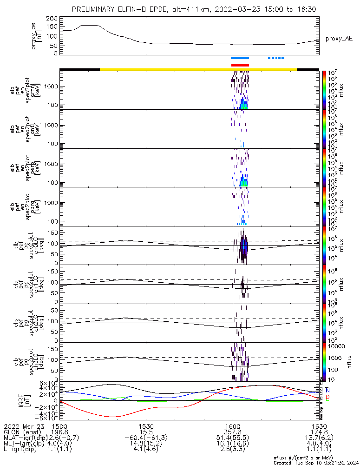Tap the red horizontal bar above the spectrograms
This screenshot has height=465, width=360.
coord(240,65)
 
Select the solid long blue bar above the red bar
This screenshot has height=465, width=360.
coord(240,58)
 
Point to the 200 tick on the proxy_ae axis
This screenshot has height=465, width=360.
coord(52,18)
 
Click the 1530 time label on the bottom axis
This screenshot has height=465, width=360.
coord(146,426)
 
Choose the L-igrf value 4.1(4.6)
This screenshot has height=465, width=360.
coord(146,452)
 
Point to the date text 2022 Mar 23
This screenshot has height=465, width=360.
coord(23,426)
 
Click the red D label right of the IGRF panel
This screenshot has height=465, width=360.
coord(328,397)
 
